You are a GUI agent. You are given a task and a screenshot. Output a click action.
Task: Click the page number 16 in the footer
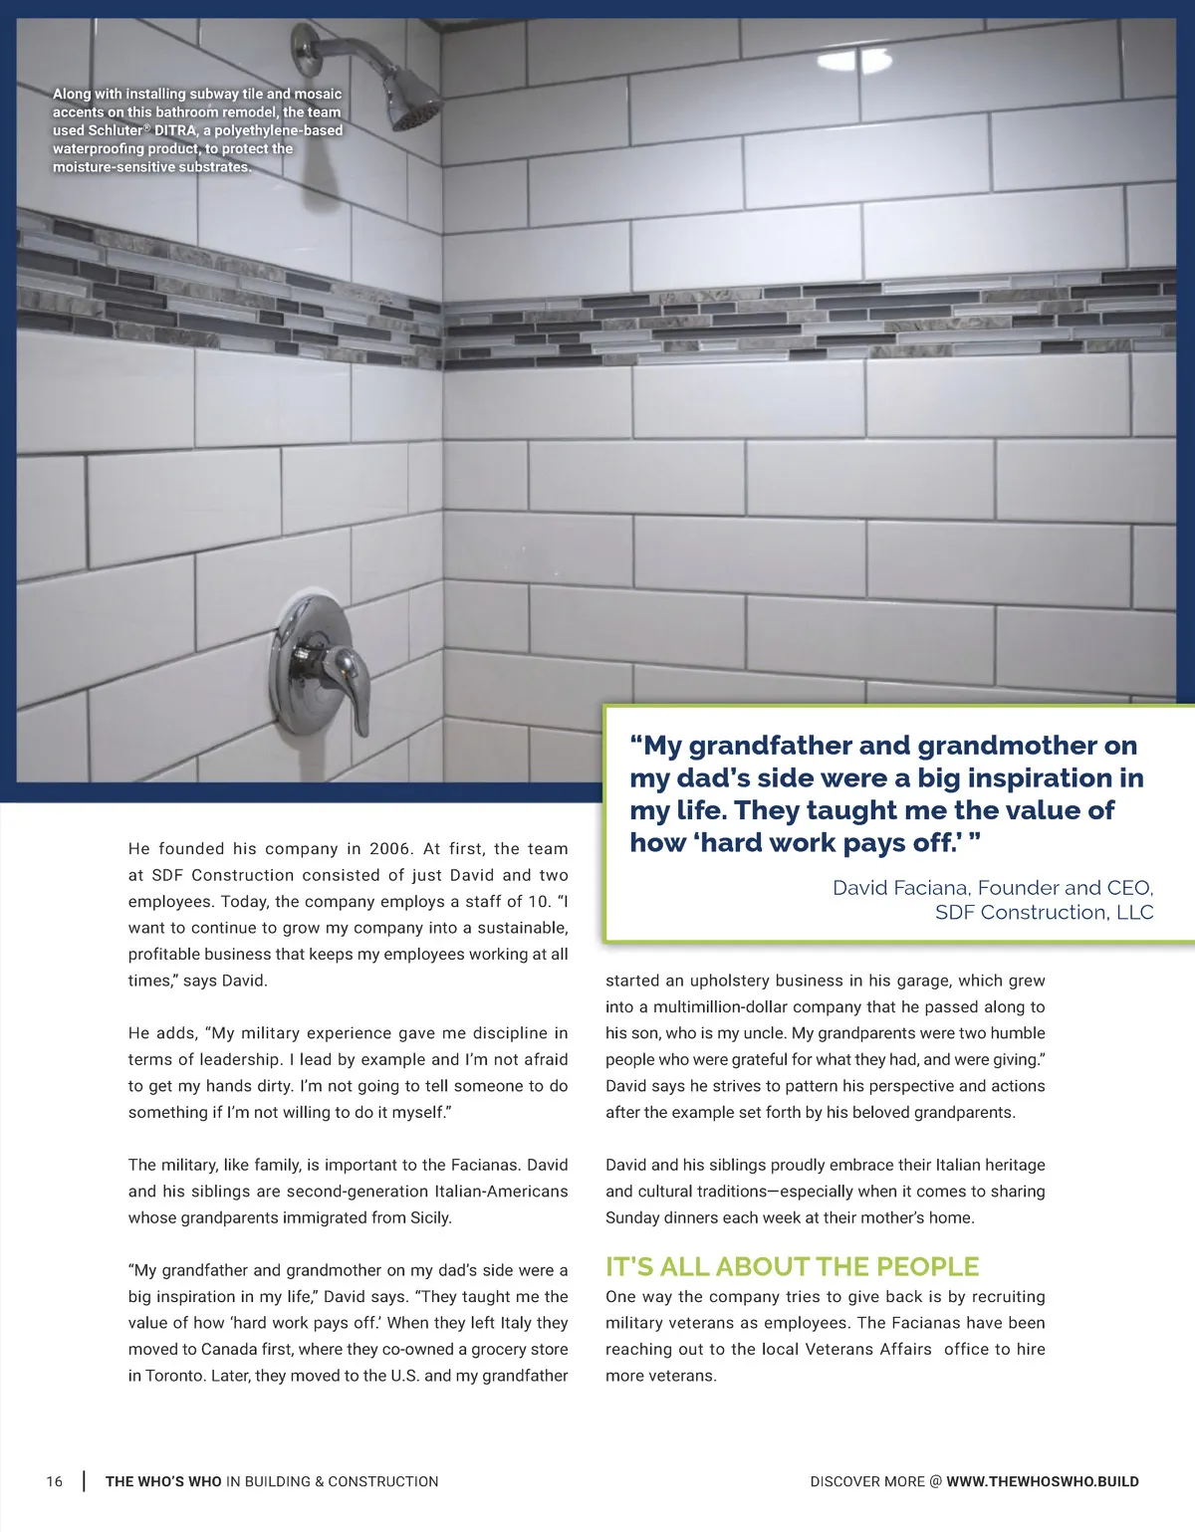pos(54,1481)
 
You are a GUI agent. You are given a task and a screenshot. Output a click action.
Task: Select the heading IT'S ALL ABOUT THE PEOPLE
pos(792,1266)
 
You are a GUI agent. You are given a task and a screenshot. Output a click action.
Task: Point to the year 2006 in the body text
pos(389,849)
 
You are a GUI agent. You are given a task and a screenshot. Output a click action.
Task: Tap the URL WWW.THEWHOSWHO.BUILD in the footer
pos(1042,1481)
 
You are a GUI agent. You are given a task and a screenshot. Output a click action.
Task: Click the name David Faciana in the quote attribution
pos(902,888)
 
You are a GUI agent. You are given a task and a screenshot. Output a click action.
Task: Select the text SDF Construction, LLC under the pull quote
pos(1044,913)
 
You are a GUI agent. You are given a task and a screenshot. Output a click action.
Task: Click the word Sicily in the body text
pos(426,1217)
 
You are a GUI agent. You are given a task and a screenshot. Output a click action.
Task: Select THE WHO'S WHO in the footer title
pos(163,1481)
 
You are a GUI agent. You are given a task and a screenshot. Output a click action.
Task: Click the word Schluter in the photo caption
pos(116,130)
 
